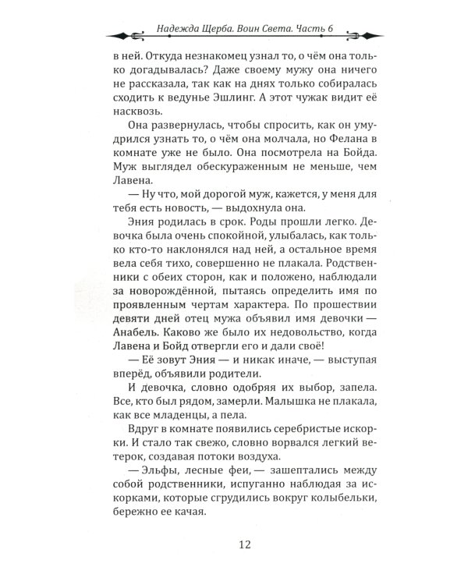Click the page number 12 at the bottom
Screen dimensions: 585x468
pyautogui.click(x=233, y=546)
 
